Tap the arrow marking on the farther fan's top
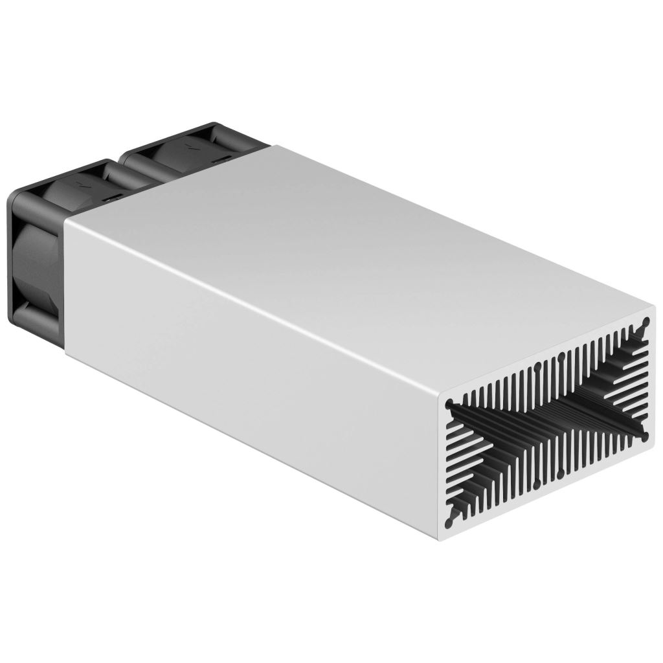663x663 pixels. tap(188, 145)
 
